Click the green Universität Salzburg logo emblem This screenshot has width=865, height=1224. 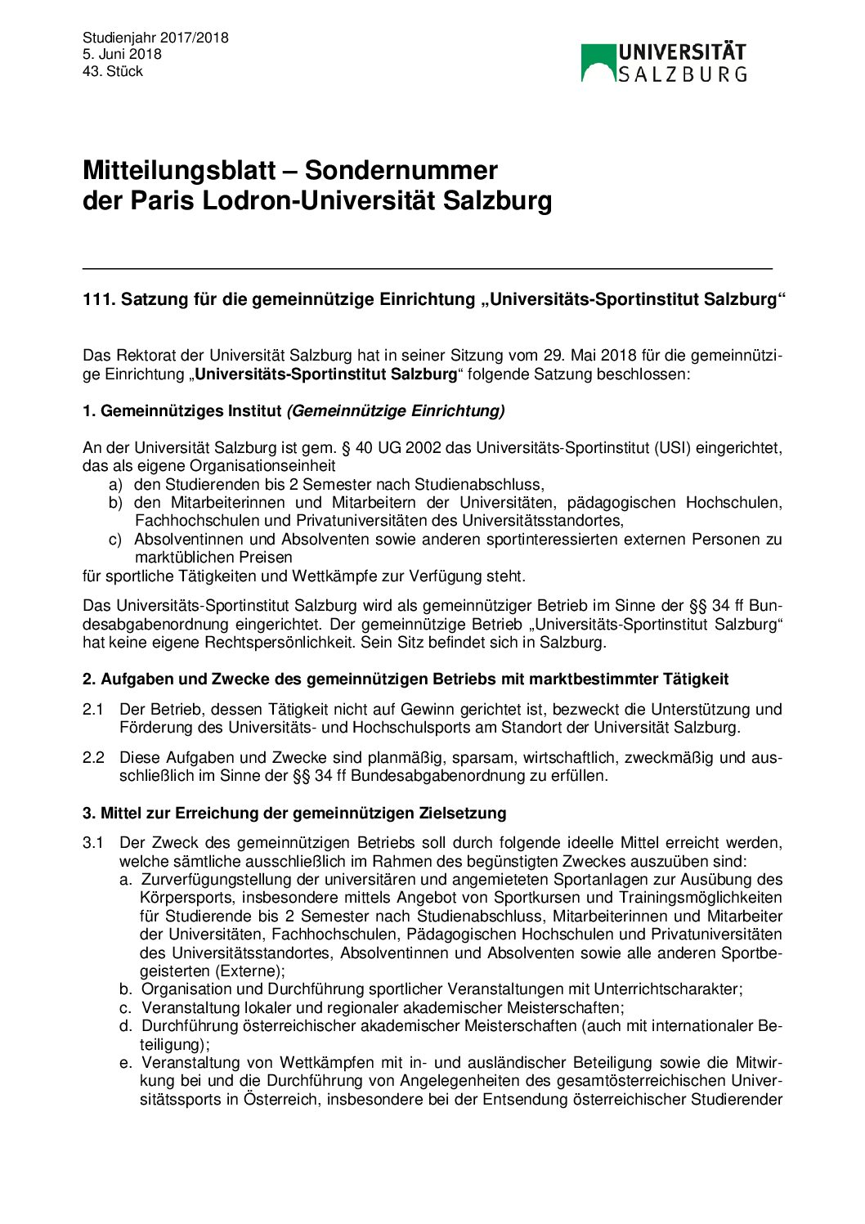coord(598,63)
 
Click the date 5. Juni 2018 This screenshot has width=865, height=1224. coord(122,54)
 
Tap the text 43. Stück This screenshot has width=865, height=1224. coord(113,71)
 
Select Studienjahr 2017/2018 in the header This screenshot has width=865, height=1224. coord(155,38)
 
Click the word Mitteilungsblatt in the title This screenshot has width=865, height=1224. coord(179,170)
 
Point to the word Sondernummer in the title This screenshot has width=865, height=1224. coord(401,170)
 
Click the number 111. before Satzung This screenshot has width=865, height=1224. coord(99,300)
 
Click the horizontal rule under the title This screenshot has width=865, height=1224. coord(427,268)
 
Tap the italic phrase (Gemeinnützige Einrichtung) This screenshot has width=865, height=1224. coord(395,410)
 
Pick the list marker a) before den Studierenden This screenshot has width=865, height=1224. coord(115,484)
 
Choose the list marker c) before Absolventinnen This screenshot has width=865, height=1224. coord(115,540)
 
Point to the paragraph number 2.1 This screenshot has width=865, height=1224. coord(93,709)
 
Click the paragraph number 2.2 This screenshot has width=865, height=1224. coord(93,757)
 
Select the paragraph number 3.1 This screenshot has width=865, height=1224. coord(93,842)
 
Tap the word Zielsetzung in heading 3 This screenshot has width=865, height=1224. coord(463,813)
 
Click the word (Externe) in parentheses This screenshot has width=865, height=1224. coord(249,971)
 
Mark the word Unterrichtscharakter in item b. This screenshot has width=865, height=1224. coord(666,989)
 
